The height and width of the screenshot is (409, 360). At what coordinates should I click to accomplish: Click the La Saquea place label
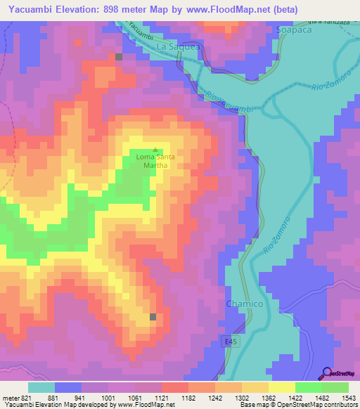tap(179, 46)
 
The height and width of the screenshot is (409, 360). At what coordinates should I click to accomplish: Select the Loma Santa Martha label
tap(155, 161)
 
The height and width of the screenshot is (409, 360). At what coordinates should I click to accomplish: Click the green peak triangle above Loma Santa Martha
tap(155, 150)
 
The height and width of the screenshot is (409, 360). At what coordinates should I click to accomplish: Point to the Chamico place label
tap(244, 303)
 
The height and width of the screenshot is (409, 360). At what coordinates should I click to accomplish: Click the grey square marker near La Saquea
tap(119, 57)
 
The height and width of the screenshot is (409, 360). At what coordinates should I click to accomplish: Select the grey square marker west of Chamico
tap(153, 317)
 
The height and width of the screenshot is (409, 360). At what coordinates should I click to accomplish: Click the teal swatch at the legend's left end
tap(41, 387)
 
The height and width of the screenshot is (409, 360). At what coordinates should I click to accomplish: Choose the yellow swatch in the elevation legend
tap(281, 387)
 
